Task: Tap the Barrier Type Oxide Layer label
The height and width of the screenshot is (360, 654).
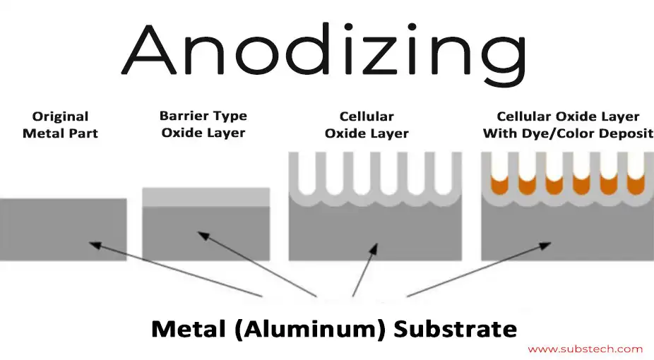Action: click(203, 124)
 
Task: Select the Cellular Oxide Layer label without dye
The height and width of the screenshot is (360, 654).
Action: click(367, 125)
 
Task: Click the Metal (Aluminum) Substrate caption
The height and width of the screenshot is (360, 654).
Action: click(334, 328)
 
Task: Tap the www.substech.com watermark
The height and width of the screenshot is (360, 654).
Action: click(585, 349)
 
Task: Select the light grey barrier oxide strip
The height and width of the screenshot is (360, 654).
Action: click(206, 197)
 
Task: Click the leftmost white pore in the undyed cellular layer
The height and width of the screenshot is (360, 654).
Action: click(308, 173)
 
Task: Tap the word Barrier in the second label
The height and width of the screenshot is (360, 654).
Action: click(183, 116)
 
